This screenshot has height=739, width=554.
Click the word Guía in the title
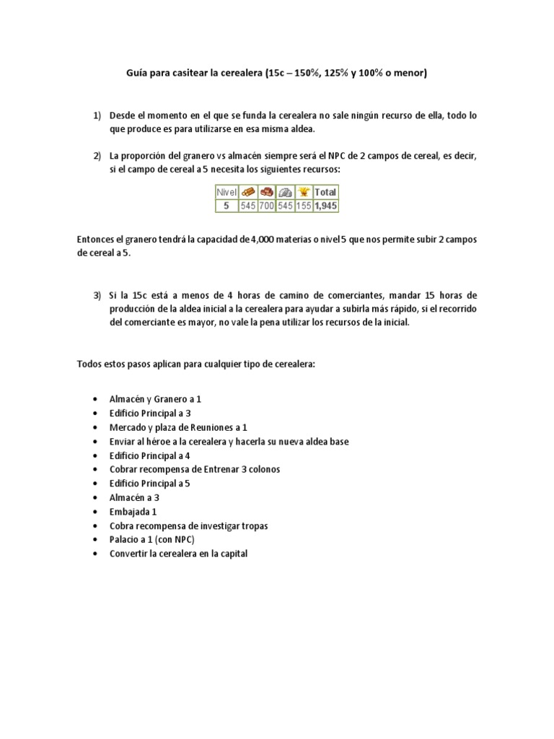click(x=137, y=73)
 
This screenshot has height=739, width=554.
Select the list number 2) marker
click(x=97, y=156)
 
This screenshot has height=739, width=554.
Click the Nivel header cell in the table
click(x=227, y=192)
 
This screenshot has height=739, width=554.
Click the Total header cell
click(x=326, y=192)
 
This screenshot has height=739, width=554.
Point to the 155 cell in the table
click(x=304, y=205)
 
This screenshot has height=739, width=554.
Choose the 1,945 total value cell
click(x=326, y=205)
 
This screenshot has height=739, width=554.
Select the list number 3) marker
click(x=97, y=296)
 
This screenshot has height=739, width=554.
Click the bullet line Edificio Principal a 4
click(x=150, y=456)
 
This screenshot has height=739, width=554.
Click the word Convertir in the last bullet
click(x=130, y=554)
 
